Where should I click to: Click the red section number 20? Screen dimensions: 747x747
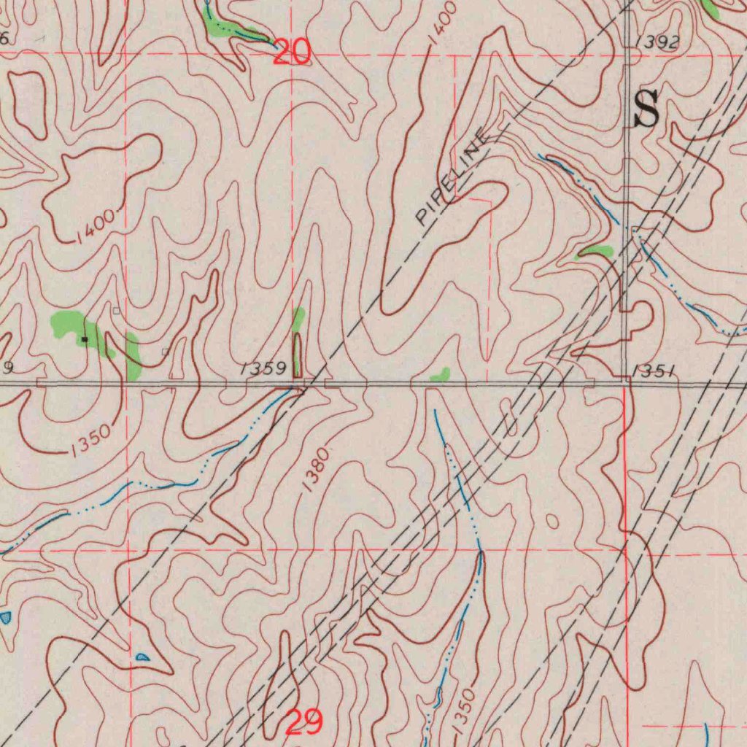pos(291,52)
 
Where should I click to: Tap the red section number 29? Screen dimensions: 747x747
pos(303,722)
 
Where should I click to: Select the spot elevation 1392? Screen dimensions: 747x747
pos(657,43)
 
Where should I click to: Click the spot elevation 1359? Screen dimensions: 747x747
pos(263,368)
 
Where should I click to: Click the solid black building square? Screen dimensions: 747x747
pos(85,339)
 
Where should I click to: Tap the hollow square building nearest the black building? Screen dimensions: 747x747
pos(116,311)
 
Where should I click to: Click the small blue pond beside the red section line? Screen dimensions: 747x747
pos(142,657)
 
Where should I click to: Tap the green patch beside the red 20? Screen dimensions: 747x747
pos(226,29)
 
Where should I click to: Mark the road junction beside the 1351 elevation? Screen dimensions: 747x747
pos(626,378)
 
